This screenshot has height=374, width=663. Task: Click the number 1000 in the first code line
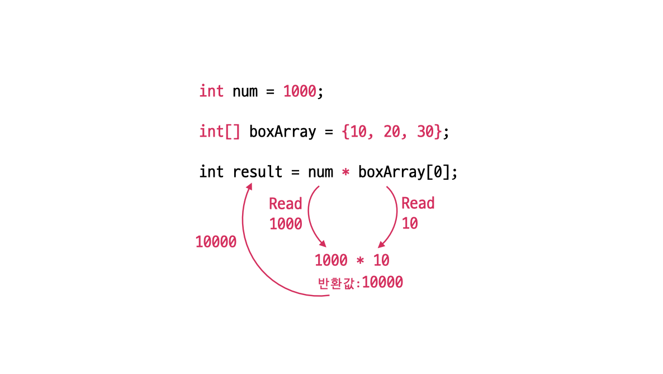pyautogui.click(x=300, y=91)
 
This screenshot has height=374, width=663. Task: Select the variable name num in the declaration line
pyautogui.click(x=245, y=91)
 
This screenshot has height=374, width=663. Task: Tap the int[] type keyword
pyautogui.click(x=220, y=132)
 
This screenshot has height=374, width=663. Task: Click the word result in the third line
pyautogui.click(x=258, y=172)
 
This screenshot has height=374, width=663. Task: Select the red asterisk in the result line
pyautogui.click(x=345, y=172)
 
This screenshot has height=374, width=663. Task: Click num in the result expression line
pyautogui.click(x=320, y=172)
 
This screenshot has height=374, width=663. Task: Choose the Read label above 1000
pyautogui.click(x=285, y=203)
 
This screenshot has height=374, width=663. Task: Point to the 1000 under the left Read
pyautogui.click(x=286, y=224)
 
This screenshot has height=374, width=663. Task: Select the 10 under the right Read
pyautogui.click(x=410, y=223)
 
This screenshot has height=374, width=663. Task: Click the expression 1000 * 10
pyautogui.click(x=352, y=260)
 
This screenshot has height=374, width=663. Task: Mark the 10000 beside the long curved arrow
pyautogui.click(x=216, y=242)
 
